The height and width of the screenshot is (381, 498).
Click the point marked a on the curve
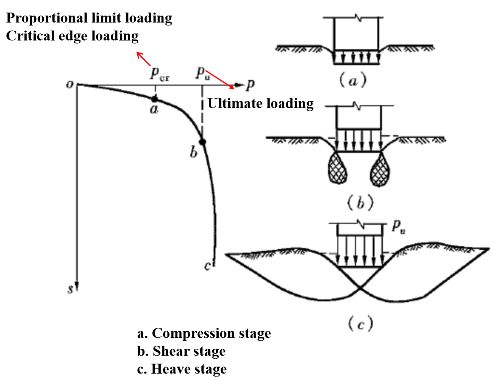coord(155,99)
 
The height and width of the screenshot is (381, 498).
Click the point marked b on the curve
coord(202,142)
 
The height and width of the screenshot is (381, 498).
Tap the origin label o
coord(70,84)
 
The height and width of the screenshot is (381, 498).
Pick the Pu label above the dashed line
coord(201,73)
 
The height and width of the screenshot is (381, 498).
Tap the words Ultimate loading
coord(260,103)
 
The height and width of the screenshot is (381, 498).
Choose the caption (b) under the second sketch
coord(358,202)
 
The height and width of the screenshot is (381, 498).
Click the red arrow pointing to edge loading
coord(144,59)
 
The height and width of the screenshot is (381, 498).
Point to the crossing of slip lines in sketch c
coord(360,288)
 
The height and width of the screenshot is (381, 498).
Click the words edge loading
coord(98,36)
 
